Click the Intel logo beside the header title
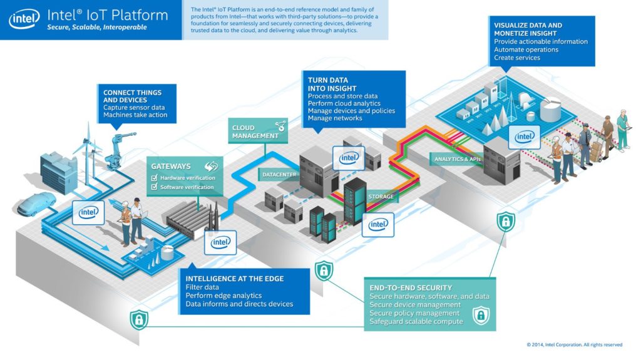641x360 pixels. pos(24,19)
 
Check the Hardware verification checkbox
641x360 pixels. pos(155,178)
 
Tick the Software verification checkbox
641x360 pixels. pos(155,187)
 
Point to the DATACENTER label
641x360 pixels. pos(279,174)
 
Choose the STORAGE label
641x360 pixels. pos(381,197)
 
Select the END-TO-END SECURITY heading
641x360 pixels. pos(410,287)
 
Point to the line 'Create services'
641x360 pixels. pos(517,58)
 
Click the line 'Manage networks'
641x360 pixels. pos(335,118)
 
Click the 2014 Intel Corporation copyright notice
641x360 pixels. pos(574,344)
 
